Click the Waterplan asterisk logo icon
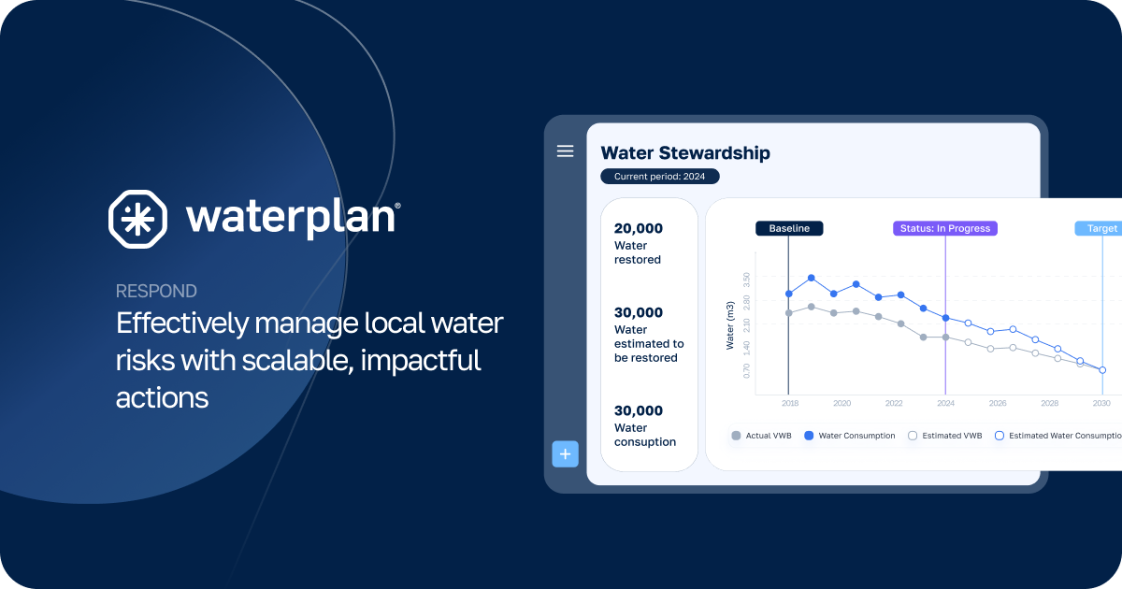tap(138, 219)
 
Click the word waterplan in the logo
tap(292, 217)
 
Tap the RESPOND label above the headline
tap(156, 291)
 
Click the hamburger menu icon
tap(565, 151)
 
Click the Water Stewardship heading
tap(684, 152)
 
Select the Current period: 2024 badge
tap(659, 176)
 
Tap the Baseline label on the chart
tap(789, 228)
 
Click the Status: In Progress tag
tap(945, 228)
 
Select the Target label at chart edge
tap(1101, 228)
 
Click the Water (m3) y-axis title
tap(731, 326)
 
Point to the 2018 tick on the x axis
tap(789, 403)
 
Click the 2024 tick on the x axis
tap(945, 403)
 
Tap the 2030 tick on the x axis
tap(1101, 403)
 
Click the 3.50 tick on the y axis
tap(746, 278)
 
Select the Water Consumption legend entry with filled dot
tap(849, 436)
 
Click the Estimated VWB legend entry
tap(945, 436)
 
